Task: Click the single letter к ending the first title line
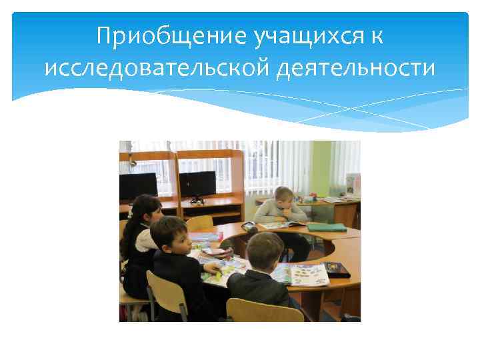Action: [x=377, y=36]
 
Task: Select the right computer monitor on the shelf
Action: [x=197, y=183]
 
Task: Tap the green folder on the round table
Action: [x=326, y=227]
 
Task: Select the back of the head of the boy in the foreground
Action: [x=265, y=249]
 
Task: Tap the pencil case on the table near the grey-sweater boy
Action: [x=249, y=227]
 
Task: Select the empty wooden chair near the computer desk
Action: [x=200, y=223]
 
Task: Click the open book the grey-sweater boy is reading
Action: [x=280, y=225]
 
